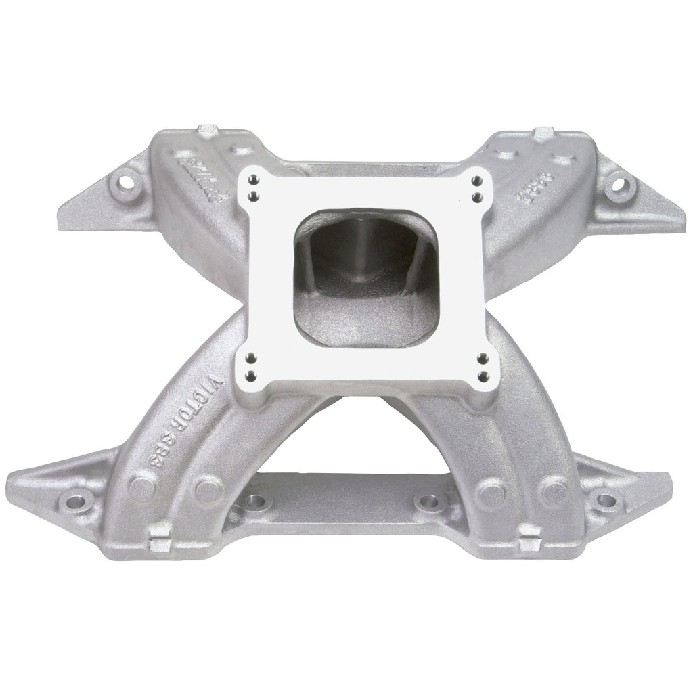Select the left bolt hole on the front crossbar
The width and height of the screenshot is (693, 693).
coord(256,501)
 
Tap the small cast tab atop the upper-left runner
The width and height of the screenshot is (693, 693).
coord(208,129)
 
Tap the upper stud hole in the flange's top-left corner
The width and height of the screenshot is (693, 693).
coord(253,181)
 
